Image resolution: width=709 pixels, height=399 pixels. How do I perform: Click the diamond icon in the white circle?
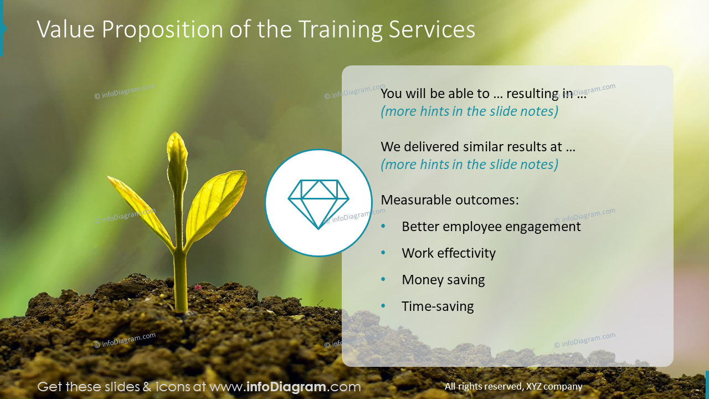(x=318, y=203)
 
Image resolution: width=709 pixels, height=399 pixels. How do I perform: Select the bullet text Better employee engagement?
(x=491, y=227)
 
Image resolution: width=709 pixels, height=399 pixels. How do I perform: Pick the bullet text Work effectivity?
(x=448, y=253)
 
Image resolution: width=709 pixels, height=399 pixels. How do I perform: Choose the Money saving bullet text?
(x=443, y=280)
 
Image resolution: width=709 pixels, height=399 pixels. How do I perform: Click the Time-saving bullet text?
(x=438, y=306)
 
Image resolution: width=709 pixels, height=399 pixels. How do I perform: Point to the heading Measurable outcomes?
(x=450, y=200)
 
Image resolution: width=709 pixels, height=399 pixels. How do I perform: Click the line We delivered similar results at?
(x=478, y=147)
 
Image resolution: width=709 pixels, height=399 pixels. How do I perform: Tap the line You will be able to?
(x=483, y=94)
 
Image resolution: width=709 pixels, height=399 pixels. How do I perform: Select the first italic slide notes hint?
(x=469, y=111)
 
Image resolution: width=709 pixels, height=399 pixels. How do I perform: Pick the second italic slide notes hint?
(x=469, y=165)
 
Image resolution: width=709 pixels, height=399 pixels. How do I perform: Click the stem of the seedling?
(x=180, y=277)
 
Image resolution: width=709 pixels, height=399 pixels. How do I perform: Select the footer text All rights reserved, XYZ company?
(x=513, y=387)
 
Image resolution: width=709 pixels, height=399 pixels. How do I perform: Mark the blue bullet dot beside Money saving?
(x=383, y=279)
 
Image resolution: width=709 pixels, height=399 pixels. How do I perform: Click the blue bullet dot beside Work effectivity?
(x=383, y=253)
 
